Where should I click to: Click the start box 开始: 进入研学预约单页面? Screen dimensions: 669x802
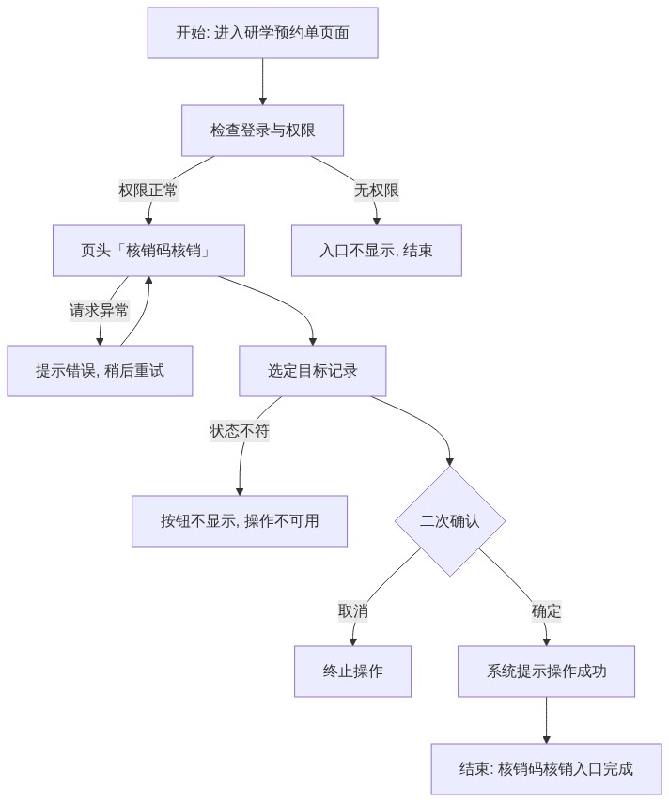[262, 33]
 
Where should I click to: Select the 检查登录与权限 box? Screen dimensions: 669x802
[262, 131]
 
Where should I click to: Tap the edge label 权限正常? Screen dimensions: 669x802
[148, 191]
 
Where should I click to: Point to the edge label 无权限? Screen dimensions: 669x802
[377, 191]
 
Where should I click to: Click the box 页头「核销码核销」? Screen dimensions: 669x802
[148, 251]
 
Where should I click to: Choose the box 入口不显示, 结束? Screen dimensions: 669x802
[377, 251]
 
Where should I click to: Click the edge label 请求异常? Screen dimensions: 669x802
[100, 311]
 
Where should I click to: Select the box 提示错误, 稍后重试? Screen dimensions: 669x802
[100, 371]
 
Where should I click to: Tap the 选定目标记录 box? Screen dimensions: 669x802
[313, 371]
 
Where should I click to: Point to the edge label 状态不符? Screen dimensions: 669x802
[240, 431]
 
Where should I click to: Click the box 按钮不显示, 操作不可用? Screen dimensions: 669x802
[240, 521]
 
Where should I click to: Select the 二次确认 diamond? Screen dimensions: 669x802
[450, 521]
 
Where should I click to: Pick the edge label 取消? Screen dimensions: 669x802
[353, 611]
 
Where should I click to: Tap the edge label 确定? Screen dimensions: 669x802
[546, 611]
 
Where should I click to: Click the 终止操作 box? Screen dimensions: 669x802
[352, 671]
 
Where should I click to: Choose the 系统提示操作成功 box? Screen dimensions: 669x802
[546, 671]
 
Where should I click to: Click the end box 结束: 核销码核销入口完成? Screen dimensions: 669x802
[546, 769]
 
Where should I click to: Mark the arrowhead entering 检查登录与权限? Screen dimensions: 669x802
[262, 101]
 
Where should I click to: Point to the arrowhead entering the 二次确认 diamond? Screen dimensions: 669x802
[450, 462]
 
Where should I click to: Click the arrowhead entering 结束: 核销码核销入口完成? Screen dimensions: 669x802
[546, 740]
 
